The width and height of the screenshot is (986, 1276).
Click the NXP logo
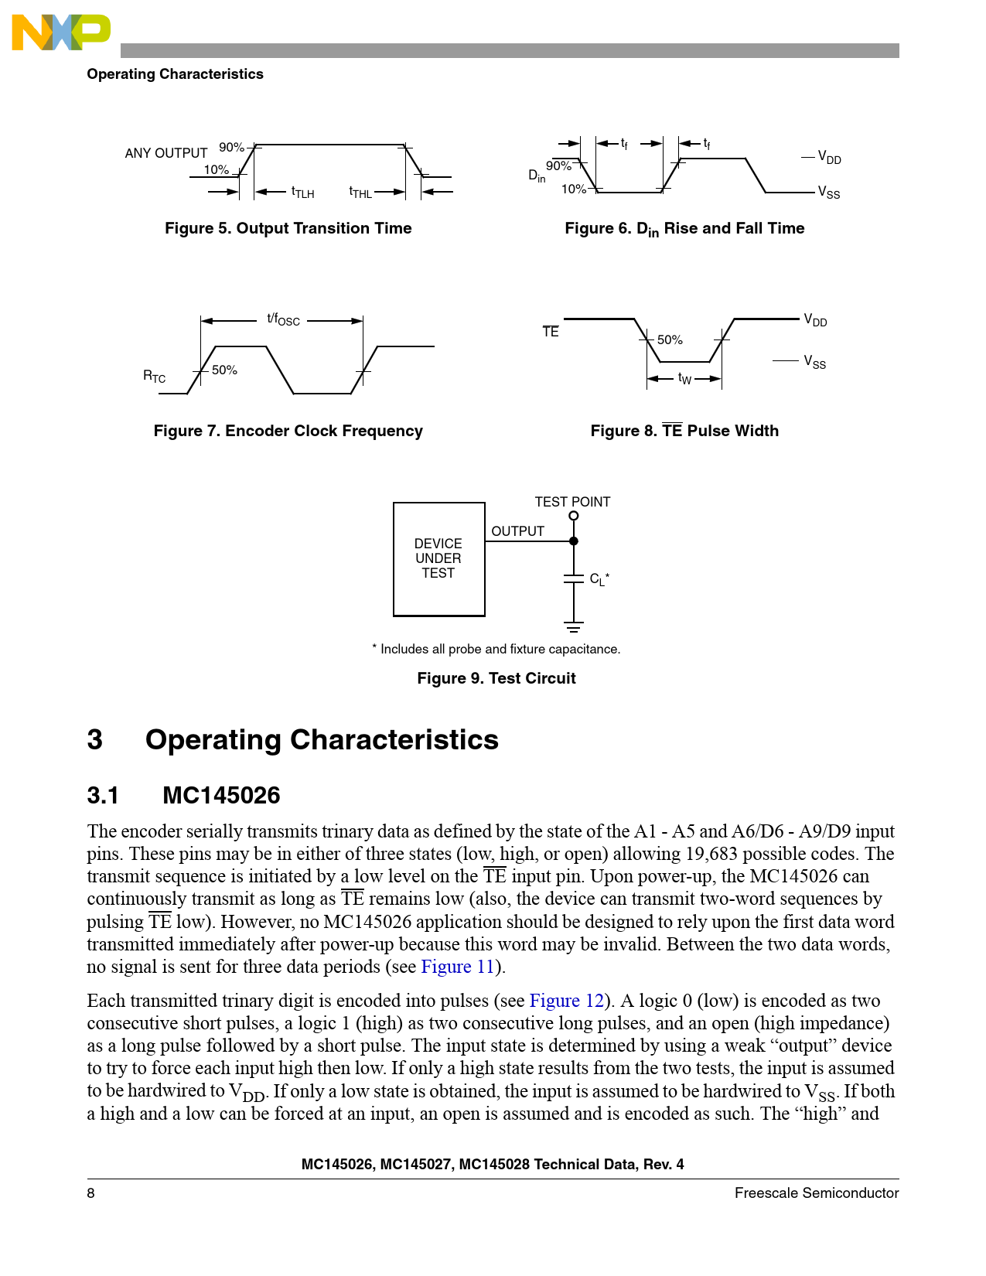pos(61,32)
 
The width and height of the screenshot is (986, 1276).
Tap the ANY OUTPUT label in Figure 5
pos(166,153)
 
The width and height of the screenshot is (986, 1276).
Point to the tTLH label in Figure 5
pos(302,192)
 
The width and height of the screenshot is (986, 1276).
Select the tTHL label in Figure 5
pos(360,192)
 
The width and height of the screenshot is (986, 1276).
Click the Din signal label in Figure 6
pos(537,176)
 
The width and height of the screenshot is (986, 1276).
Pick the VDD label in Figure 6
pos(829,158)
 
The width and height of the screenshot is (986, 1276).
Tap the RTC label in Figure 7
pos(154,377)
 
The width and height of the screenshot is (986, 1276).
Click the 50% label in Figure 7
pos(224,370)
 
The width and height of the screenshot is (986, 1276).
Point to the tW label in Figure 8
pos(684,378)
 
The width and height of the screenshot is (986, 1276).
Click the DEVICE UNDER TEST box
pos(438,558)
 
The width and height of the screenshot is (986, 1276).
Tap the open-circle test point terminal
pos(573,516)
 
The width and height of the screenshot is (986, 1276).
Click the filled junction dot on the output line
pos(573,541)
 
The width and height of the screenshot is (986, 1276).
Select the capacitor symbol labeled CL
pos(573,578)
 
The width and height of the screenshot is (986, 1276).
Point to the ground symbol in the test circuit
pos(573,626)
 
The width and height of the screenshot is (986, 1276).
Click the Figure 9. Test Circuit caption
pos(496,678)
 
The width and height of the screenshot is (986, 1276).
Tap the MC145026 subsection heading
pos(221,795)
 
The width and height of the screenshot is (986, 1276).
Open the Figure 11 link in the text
pos(457,967)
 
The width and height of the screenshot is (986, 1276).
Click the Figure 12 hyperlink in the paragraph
pos(566,1001)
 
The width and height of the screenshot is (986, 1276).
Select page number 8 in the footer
pos(91,1193)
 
